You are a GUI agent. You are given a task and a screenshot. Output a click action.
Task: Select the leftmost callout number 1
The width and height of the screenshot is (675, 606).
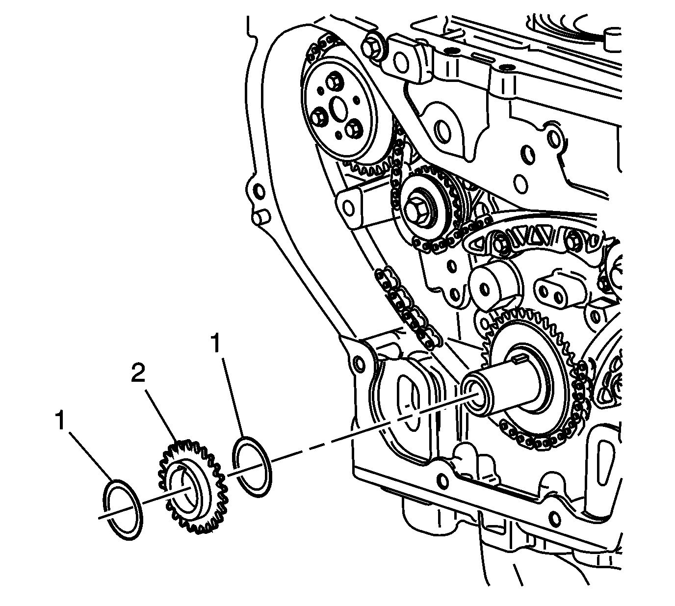click(x=60, y=421)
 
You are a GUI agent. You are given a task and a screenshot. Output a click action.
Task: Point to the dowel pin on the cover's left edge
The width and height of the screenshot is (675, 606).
click(x=259, y=216)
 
